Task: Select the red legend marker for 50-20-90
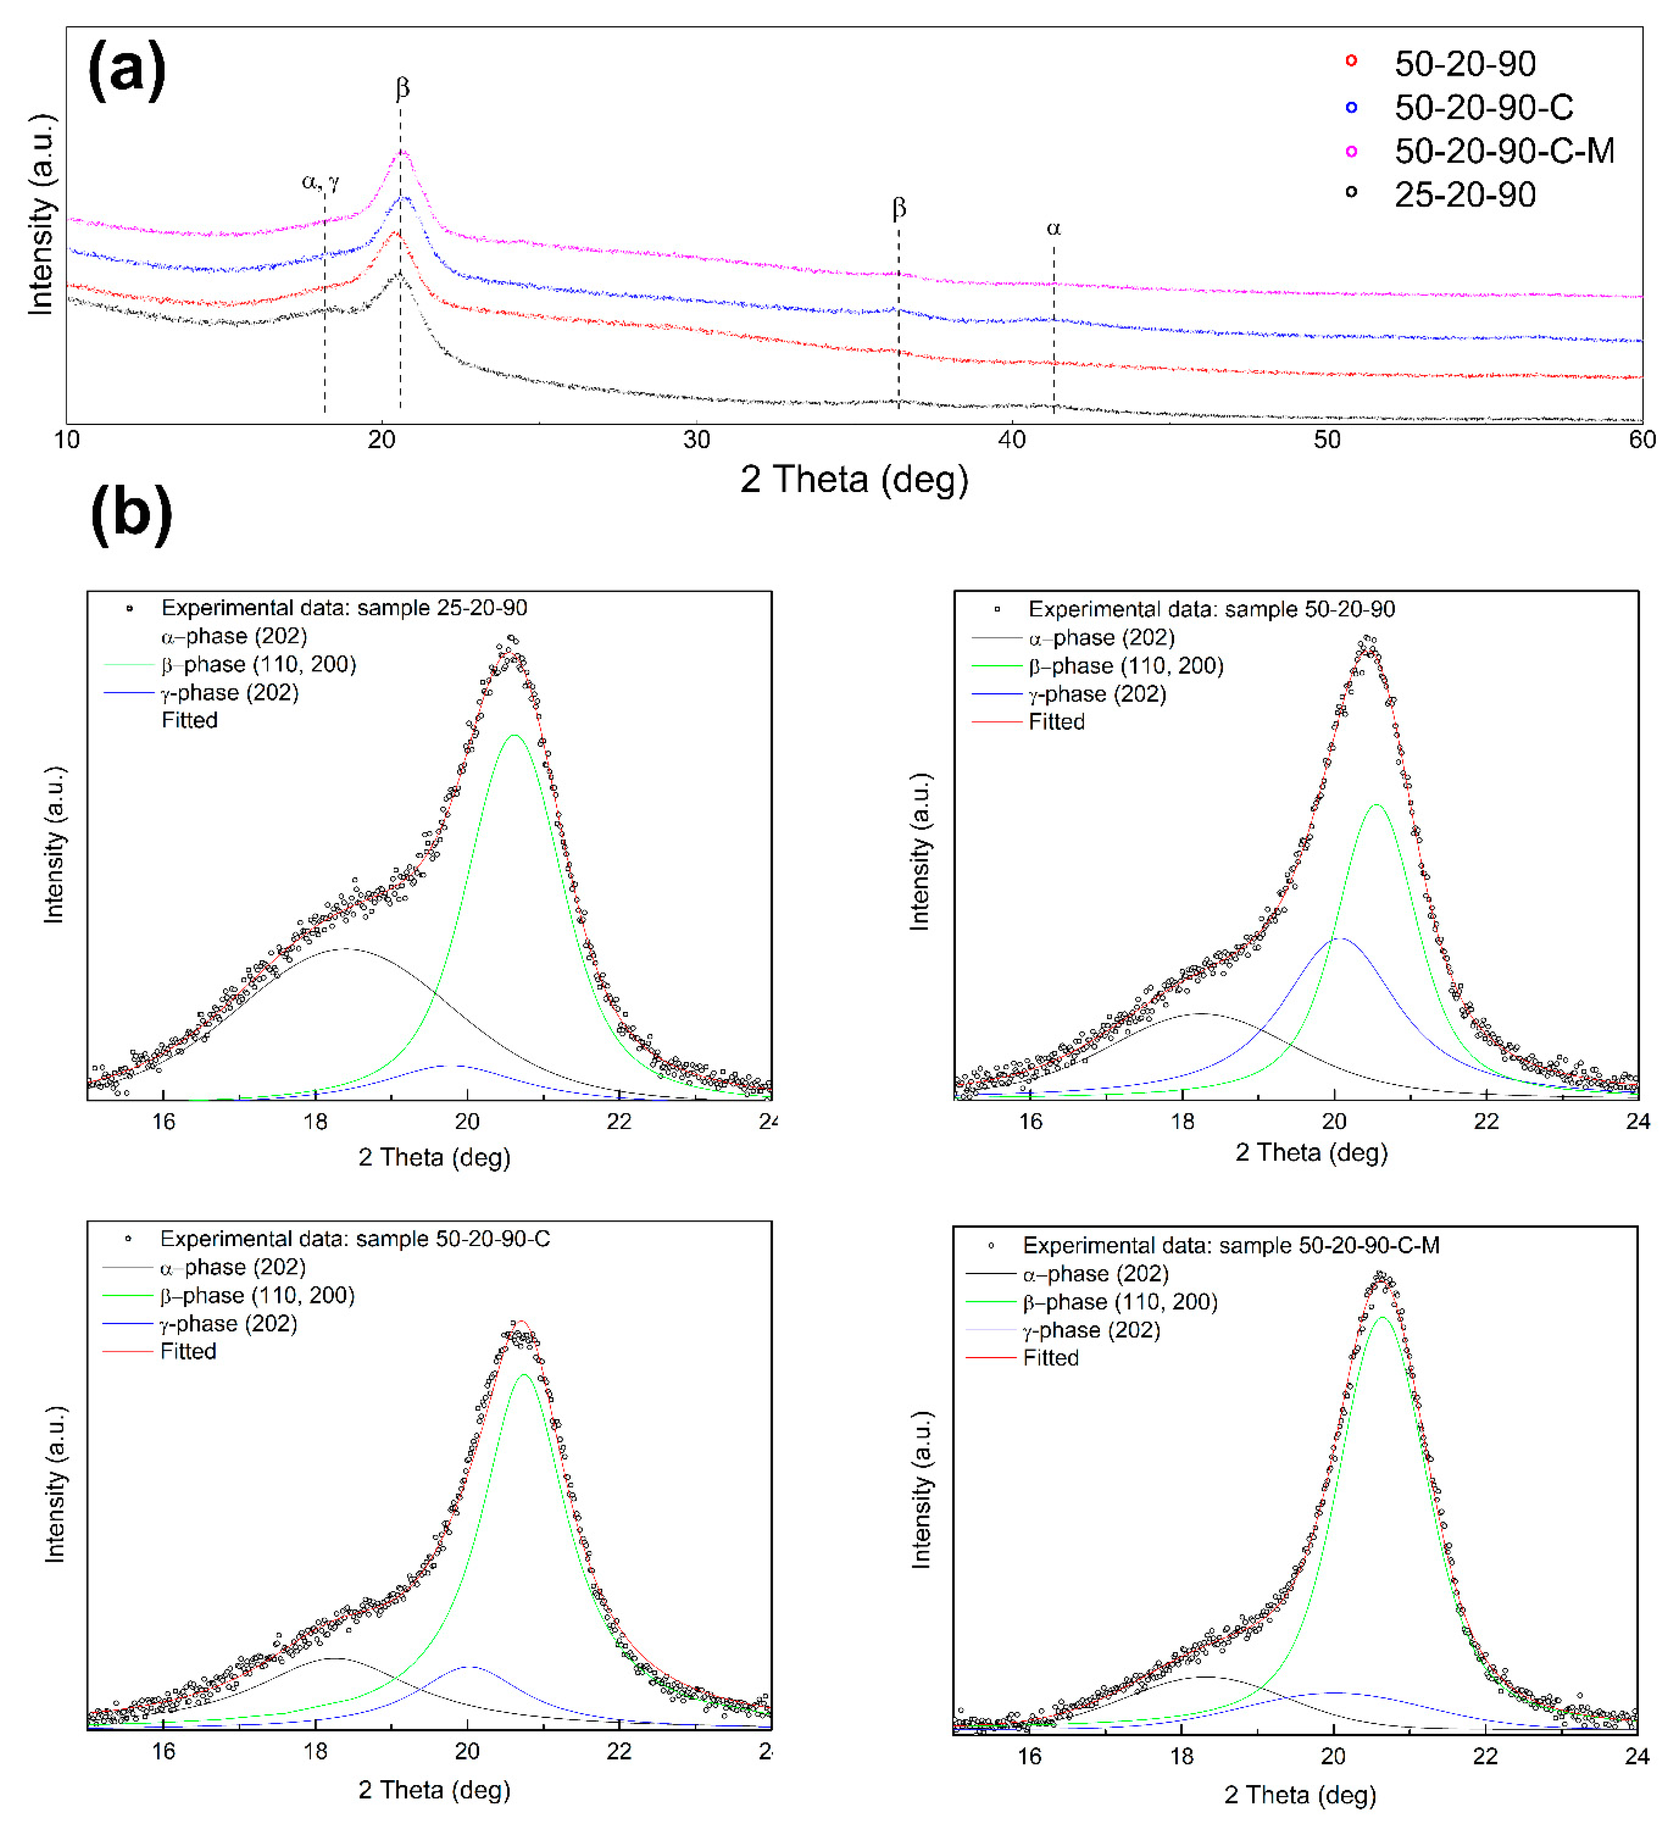coord(1351,61)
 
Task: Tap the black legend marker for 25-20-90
coord(1351,192)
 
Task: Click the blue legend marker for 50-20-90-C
coord(1351,107)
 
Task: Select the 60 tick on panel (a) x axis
coord(1641,440)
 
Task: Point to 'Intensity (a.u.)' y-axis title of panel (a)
coord(41,215)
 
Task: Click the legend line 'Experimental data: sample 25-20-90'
coord(343,607)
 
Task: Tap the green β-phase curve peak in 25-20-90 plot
coord(515,736)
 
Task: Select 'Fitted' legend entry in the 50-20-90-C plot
coord(188,1352)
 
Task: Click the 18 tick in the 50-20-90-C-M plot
coord(1181,1756)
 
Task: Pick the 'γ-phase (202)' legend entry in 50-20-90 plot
coord(1097,694)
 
